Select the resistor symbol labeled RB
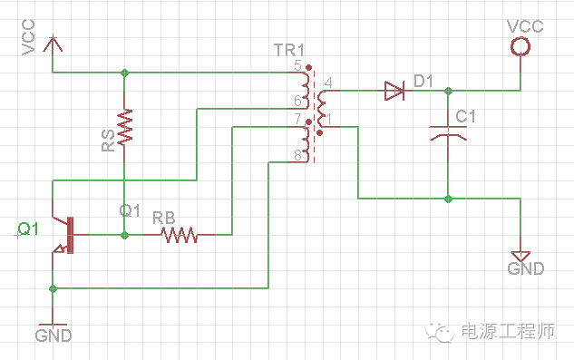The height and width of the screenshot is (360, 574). (x=180, y=235)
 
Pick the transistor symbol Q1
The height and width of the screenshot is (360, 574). (x=63, y=234)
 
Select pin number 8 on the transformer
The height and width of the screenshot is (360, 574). (x=297, y=156)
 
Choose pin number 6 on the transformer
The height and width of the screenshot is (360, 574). (x=297, y=100)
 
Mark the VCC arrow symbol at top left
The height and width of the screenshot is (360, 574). (x=54, y=43)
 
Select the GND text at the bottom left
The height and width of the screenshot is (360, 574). (x=53, y=336)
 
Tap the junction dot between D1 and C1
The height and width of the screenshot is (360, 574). (x=447, y=90)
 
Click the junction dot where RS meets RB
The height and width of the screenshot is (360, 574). (x=125, y=235)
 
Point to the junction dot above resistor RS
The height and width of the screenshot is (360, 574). (x=125, y=72)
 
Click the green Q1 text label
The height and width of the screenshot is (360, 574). (x=29, y=229)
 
